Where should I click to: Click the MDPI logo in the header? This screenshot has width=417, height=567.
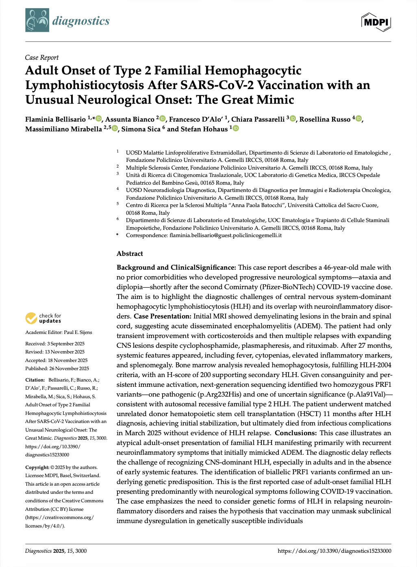pyautogui.click(x=376, y=22)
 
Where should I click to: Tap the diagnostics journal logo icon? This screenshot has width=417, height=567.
pyautogui.click(x=37, y=20)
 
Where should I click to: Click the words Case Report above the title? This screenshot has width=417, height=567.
pyautogui.click(x=42, y=57)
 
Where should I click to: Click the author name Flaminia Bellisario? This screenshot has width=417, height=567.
pyautogui.click(x=55, y=119)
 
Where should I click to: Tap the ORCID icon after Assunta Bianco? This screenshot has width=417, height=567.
pyautogui.click(x=163, y=119)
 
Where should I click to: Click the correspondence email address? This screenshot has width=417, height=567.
pyautogui.click(x=225, y=235)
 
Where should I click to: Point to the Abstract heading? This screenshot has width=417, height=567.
pyautogui.click(x=130, y=253)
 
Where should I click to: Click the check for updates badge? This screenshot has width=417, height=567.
pyautogui.click(x=43, y=318)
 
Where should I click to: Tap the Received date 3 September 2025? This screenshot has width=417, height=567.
pyautogui.click(x=65, y=344)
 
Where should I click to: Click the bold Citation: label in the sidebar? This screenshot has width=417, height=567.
pyautogui.click(x=35, y=380)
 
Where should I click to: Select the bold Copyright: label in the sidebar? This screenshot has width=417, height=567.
pyautogui.click(x=37, y=467)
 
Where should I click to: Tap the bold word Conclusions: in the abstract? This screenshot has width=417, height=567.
pyautogui.click(x=295, y=433)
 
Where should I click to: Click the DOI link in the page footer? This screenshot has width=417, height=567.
pyautogui.click(x=334, y=551)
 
